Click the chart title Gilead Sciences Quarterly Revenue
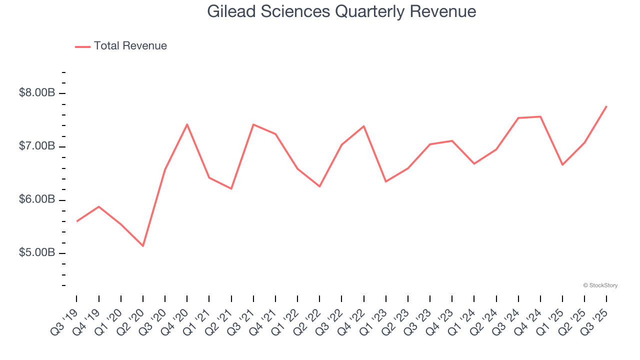(341, 11)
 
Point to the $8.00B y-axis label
(37, 93)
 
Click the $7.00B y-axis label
(37, 146)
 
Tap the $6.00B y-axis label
(37, 199)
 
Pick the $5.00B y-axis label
(37, 253)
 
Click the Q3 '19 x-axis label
(65, 321)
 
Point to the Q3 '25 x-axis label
(595, 321)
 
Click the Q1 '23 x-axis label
(374, 321)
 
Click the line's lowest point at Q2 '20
(143, 246)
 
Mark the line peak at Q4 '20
(187, 124)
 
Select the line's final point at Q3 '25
(606, 106)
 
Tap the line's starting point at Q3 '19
(76, 221)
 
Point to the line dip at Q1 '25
(562, 165)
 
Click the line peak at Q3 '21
(253, 124)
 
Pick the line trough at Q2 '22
(319, 186)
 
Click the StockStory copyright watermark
(600, 285)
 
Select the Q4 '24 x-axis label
(529, 321)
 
